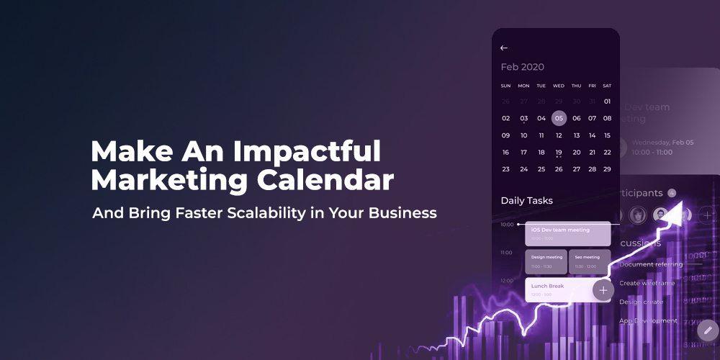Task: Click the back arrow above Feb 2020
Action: (x=504, y=48)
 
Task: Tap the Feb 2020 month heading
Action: (x=523, y=67)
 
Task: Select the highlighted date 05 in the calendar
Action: (x=559, y=118)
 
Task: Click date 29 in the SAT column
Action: (x=607, y=169)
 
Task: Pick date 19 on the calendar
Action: (x=559, y=153)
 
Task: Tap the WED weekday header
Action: (x=559, y=86)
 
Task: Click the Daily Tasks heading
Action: (x=527, y=200)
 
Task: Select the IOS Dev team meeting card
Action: (x=568, y=233)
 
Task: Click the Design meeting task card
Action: (x=546, y=261)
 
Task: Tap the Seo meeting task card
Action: (x=590, y=261)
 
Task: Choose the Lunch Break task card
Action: (x=558, y=289)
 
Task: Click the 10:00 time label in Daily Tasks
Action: (x=507, y=225)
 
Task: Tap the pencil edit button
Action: (x=707, y=330)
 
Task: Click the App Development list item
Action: (x=648, y=320)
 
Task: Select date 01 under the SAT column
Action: (x=607, y=102)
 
